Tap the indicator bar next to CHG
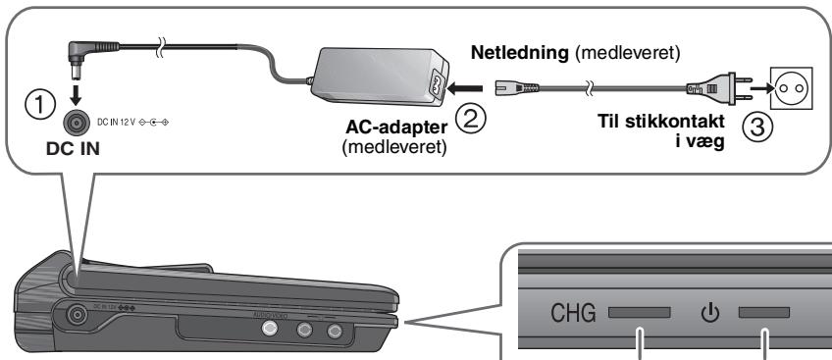[639, 315]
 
